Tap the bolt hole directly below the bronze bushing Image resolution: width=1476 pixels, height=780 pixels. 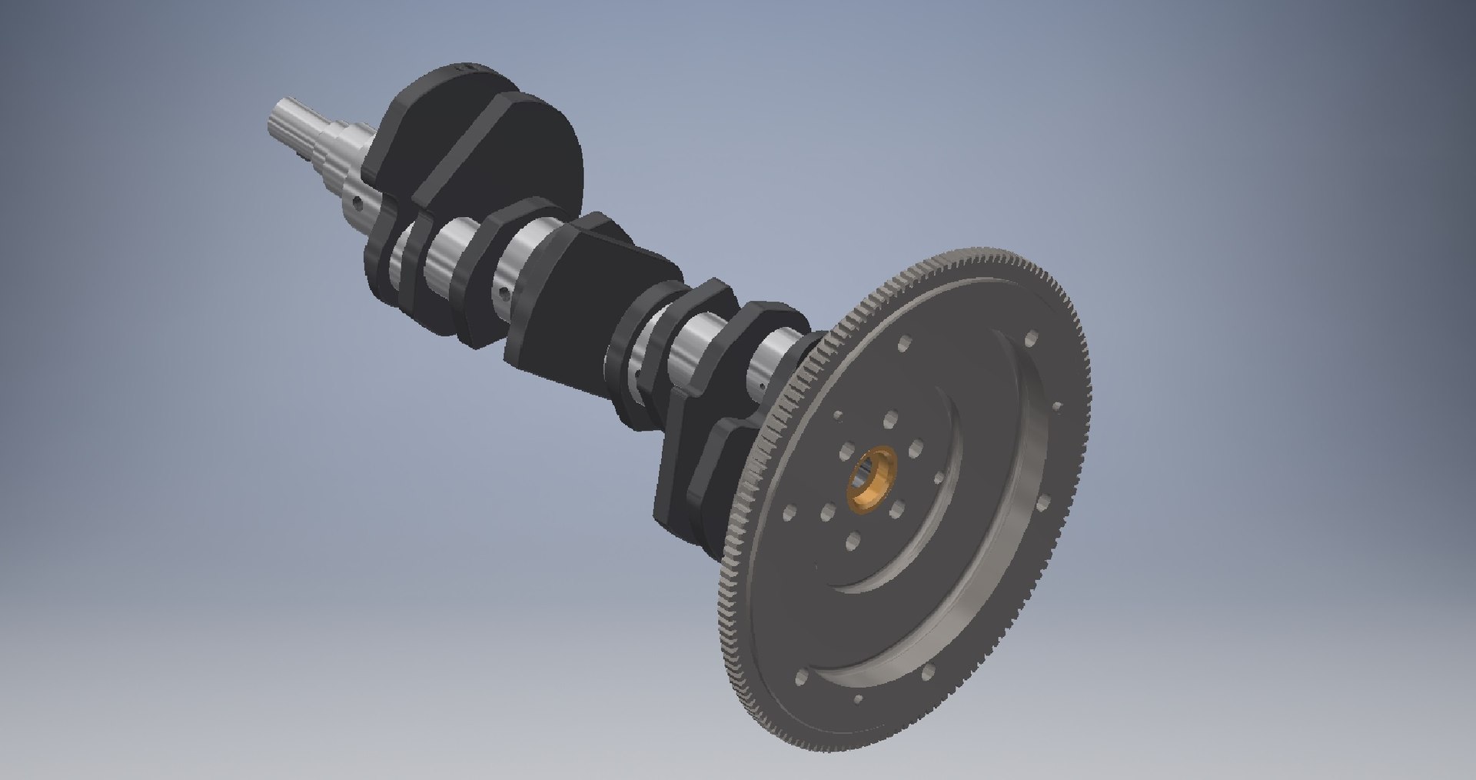(853, 542)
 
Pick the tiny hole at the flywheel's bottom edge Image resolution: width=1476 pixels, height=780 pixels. (858, 699)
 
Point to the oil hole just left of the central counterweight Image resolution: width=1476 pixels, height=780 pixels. (503, 292)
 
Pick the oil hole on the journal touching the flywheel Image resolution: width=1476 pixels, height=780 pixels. (760, 378)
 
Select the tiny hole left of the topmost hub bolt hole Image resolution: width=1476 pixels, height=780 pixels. (838, 415)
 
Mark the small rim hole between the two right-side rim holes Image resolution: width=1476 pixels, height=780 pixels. (1056, 406)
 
